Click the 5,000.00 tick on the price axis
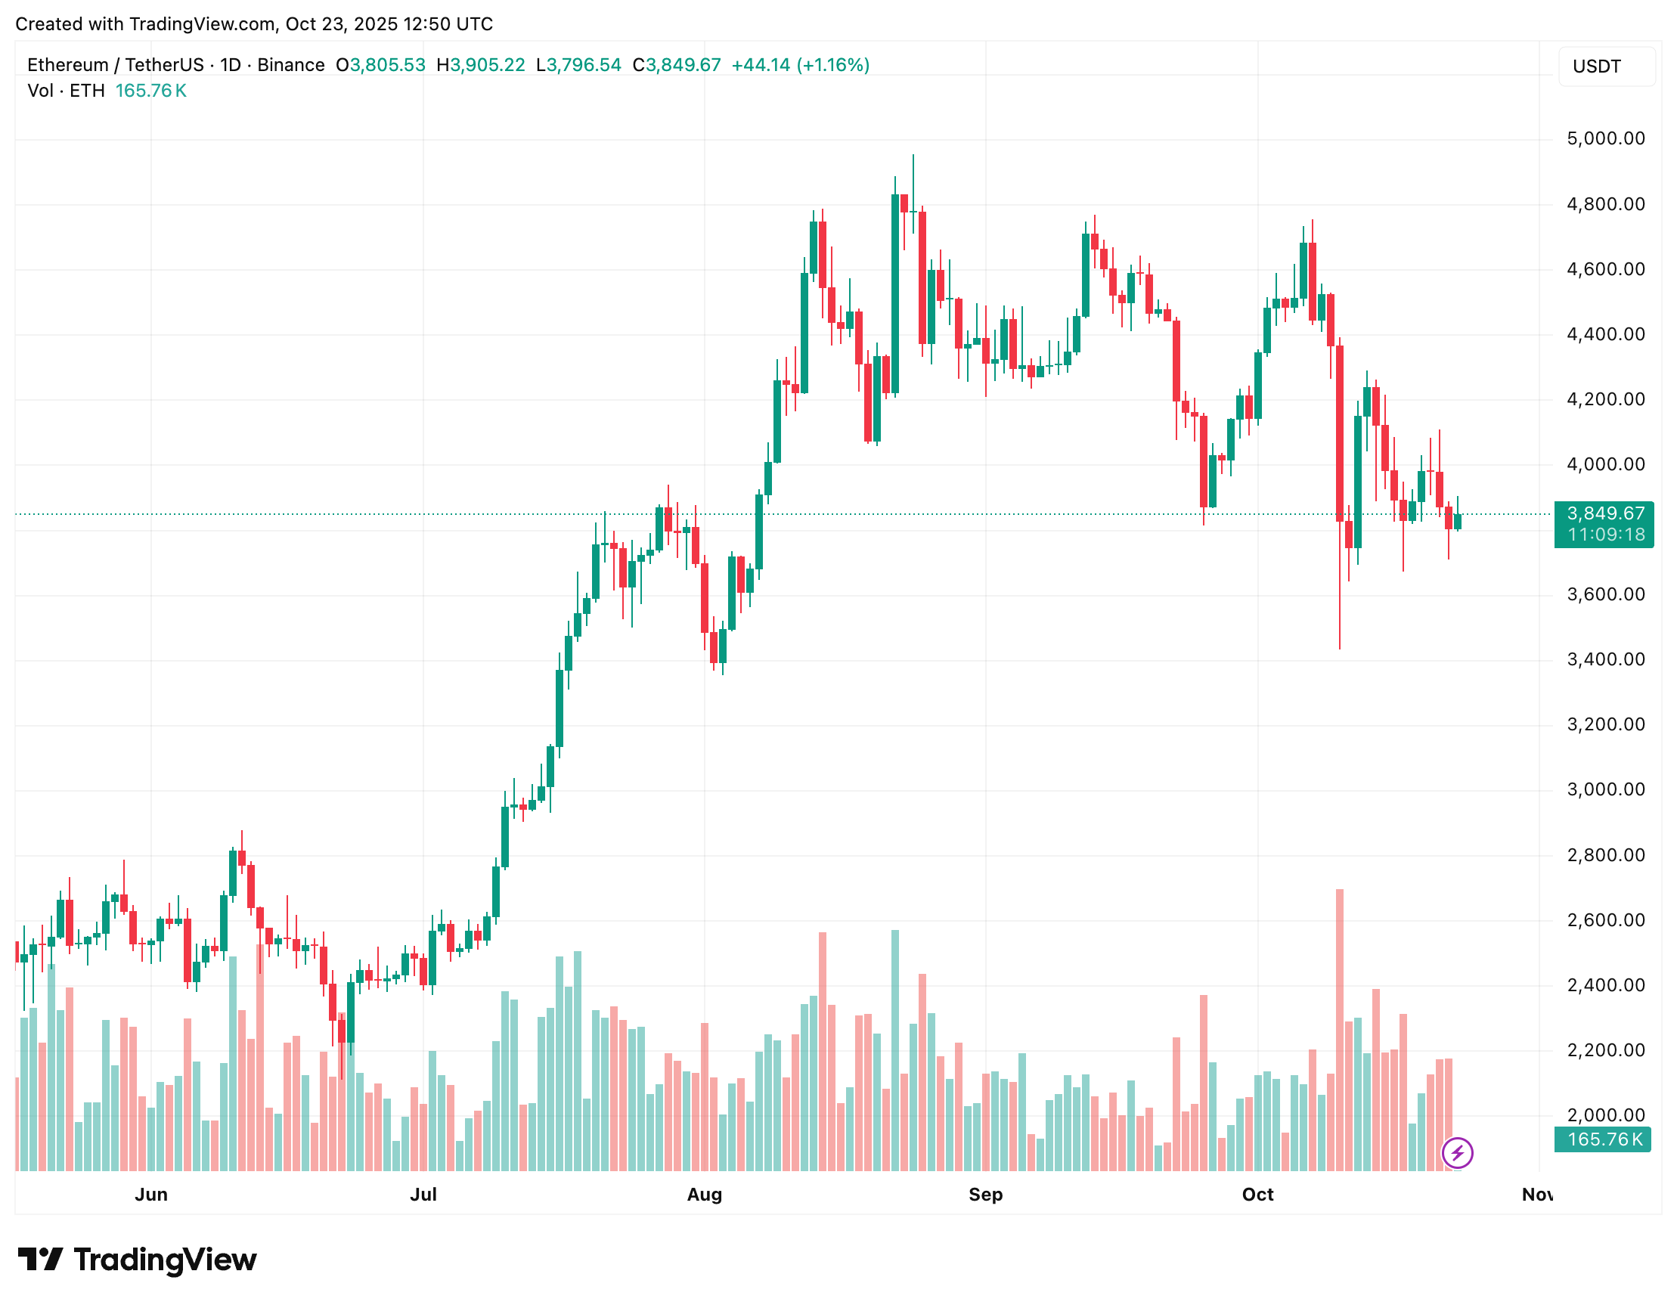coord(1605,139)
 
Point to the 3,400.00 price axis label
coord(1605,659)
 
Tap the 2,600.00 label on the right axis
coord(1605,919)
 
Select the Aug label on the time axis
coord(703,1195)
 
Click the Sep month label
coord(984,1195)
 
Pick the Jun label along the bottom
coord(151,1195)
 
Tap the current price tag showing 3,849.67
coord(1604,514)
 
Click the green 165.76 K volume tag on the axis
coord(1604,1139)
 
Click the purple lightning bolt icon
coord(1457,1152)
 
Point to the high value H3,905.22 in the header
coord(481,65)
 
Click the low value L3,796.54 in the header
coord(578,65)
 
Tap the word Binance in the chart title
coord(290,65)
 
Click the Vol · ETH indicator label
coord(66,91)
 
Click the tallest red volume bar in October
coord(1339,1028)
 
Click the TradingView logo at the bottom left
coord(138,1260)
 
